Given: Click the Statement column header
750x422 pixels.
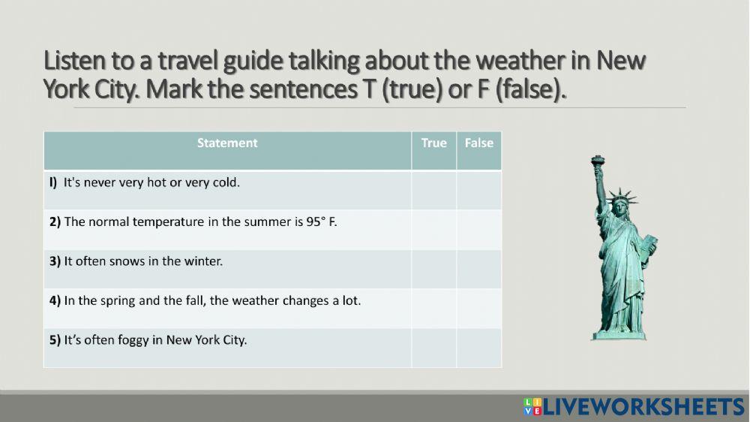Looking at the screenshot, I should click(x=227, y=143).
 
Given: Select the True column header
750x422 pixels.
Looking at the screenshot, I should click(x=433, y=143).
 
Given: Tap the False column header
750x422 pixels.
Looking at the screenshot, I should click(x=478, y=143).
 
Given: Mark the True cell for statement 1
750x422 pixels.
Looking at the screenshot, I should click(x=433, y=190).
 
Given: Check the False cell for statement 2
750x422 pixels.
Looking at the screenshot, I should click(x=478, y=229).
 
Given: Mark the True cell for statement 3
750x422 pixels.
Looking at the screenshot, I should click(x=433, y=269).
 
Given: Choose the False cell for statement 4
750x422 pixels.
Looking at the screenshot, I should click(x=478, y=308).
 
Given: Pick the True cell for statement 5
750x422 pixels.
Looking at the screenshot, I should click(x=433, y=347).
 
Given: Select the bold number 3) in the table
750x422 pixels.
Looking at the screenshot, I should click(x=55, y=261).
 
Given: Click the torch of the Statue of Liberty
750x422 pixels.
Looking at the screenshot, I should click(x=598, y=161).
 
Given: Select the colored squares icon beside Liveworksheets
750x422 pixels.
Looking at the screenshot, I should click(x=532, y=407).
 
